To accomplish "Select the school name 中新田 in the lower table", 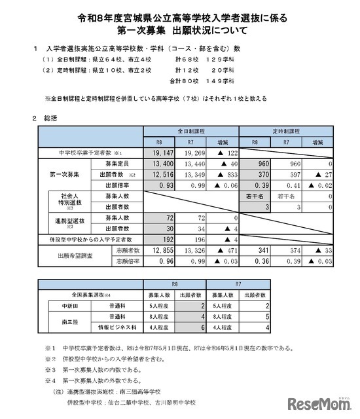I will [63, 304].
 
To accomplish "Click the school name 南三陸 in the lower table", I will [63, 321].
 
